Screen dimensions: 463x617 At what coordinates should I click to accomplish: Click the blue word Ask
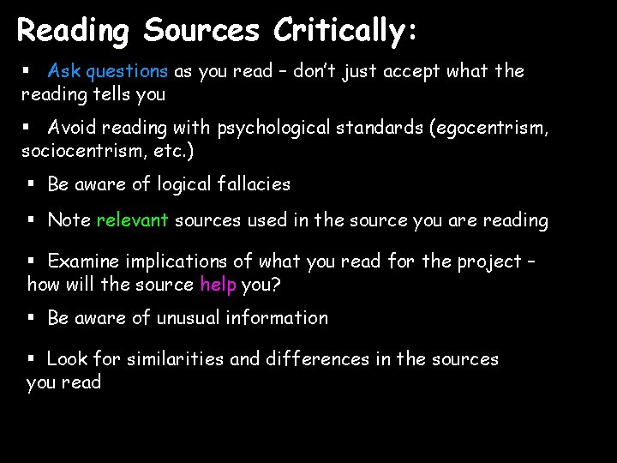(x=63, y=71)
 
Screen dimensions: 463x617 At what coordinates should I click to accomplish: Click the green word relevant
(x=132, y=220)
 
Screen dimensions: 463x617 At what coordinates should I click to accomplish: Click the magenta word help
(x=218, y=283)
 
